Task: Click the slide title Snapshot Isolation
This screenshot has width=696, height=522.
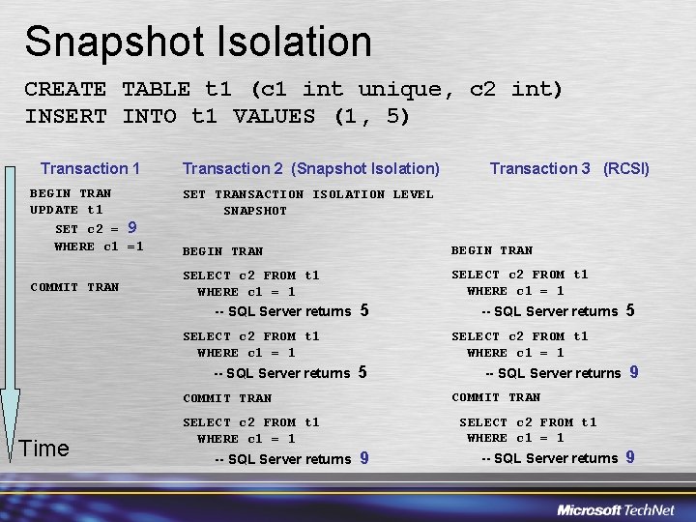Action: point(198,42)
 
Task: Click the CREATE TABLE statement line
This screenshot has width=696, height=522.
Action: point(293,90)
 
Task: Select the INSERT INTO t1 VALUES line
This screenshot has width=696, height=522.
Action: point(217,117)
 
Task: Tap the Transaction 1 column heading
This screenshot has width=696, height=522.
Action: point(90,168)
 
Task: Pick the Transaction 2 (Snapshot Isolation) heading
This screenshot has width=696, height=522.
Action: point(310,168)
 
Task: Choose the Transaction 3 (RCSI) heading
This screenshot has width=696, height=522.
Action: point(569,168)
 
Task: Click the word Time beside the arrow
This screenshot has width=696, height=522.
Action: point(44,448)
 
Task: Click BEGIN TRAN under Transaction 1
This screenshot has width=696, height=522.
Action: point(71,193)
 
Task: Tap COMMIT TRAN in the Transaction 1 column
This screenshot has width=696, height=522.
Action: point(74,287)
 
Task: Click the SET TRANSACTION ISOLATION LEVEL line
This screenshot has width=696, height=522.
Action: point(308,194)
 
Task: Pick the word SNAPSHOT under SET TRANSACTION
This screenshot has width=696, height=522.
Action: point(255,211)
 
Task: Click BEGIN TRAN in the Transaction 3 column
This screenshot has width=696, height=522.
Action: point(492,250)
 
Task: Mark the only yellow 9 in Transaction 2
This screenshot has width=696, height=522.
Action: point(364,458)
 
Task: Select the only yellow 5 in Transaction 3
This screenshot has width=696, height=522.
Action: point(630,310)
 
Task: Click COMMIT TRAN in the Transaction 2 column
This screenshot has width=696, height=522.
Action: point(227,398)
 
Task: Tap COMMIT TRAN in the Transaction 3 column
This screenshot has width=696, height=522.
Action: point(496,397)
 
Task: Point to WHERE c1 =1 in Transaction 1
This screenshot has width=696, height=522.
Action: point(99,246)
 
